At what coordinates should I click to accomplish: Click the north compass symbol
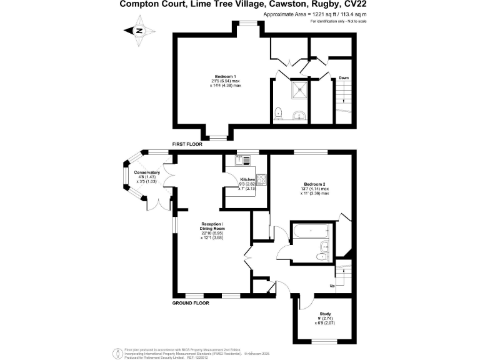pyautogui.click(x=139, y=30)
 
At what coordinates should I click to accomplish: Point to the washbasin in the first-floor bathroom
pyautogui.click(x=301, y=115)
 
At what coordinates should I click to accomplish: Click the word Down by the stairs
pyautogui.click(x=344, y=78)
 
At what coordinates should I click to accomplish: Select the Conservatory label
pyautogui.click(x=146, y=172)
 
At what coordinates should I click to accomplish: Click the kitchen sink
pyautogui.click(x=241, y=161)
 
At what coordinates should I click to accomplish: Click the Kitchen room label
pyautogui.click(x=247, y=180)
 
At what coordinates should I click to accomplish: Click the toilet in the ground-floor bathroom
pyautogui.click(x=321, y=256)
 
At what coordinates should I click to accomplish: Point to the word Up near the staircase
pyautogui.click(x=332, y=286)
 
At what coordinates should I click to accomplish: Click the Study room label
pyautogui.click(x=325, y=314)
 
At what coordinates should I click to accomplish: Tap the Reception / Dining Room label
pyautogui.click(x=212, y=226)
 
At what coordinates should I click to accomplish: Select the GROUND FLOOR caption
pyautogui.click(x=191, y=303)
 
